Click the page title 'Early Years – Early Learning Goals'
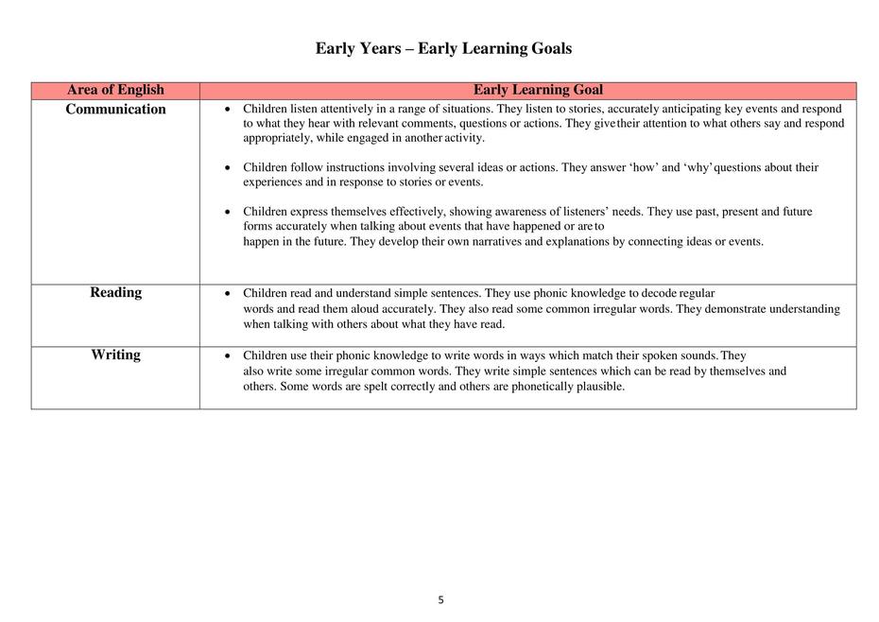pos(443,48)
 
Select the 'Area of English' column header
pos(115,90)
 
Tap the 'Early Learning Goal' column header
pos(538,90)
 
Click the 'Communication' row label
pos(115,109)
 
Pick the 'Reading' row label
pos(115,292)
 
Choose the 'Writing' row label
pos(115,354)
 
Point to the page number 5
pos(440,599)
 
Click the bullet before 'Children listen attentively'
pos(228,110)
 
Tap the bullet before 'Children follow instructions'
pos(228,168)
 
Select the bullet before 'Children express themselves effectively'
pos(228,213)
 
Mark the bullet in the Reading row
pos(228,294)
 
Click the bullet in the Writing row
pos(228,356)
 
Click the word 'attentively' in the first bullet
pos(347,109)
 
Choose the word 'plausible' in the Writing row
pos(597,386)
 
